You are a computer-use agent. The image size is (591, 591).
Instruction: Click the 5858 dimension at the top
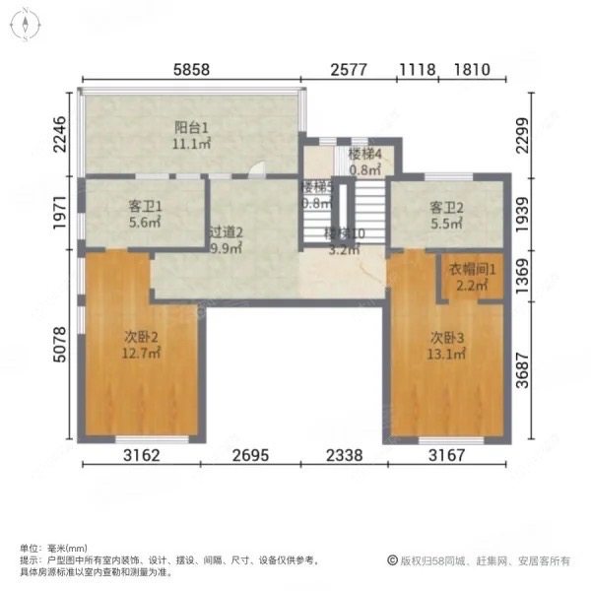(194, 71)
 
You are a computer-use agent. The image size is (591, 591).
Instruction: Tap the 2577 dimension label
(350, 71)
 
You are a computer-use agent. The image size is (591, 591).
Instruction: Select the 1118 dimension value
(418, 71)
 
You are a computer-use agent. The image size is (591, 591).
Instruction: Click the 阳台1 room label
(193, 127)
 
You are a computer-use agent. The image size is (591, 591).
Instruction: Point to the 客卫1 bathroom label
(145, 207)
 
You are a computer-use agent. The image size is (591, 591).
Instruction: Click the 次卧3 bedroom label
(445, 337)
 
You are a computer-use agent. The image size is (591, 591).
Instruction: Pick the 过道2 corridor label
(226, 233)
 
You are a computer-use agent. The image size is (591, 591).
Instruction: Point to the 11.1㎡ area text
(193, 145)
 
